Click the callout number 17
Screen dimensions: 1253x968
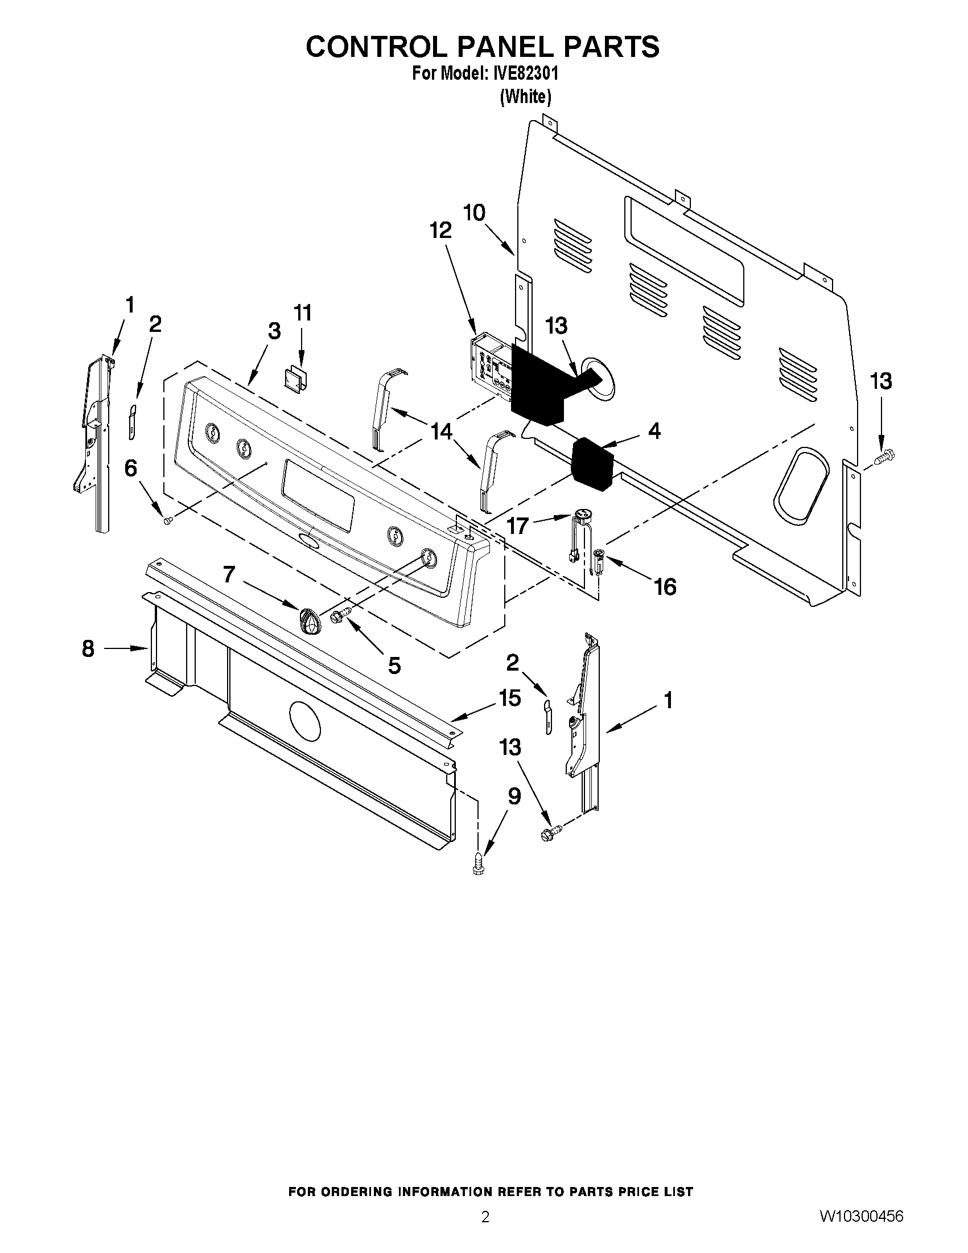[517, 524]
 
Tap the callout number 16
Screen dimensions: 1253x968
[665, 587]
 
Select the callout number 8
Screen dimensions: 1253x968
[88, 648]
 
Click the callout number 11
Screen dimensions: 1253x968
[303, 313]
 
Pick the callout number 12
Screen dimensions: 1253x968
[440, 230]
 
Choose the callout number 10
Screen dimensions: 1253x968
[474, 212]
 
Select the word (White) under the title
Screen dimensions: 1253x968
[525, 97]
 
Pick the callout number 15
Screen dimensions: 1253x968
[509, 698]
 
